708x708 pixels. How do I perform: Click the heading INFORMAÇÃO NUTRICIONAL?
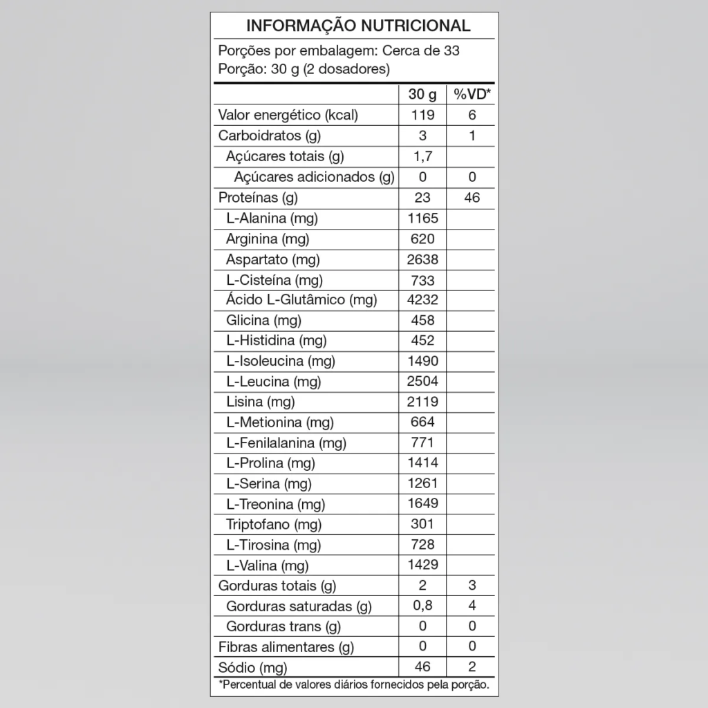[358, 26]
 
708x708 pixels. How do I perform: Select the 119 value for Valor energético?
[422, 115]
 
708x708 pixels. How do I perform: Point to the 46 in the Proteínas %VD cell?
[472, 198]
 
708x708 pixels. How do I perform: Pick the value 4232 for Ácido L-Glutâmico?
[422, 300]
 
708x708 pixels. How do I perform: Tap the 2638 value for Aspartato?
[422, 259]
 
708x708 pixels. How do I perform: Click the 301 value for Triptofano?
[422, 524]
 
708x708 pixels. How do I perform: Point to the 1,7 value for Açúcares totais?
[422, 157]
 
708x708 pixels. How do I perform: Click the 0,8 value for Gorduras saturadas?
[422, 606]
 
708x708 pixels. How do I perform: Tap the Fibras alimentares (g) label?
[286, 648]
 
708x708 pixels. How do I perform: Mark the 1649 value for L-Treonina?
[422, 503]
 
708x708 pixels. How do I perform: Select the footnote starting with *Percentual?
[354, 686]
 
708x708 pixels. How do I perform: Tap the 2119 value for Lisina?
[422, 402]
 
